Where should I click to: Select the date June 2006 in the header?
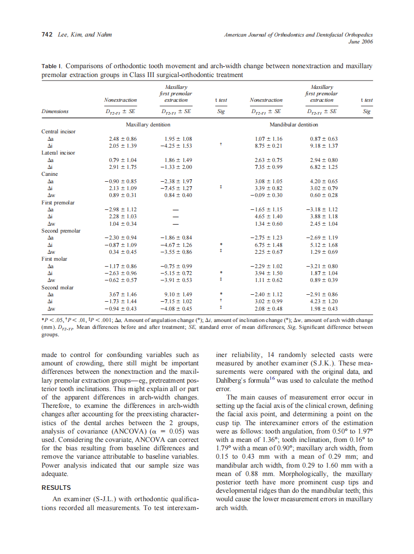click(x=360, y=41)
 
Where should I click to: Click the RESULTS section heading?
click(x=56, y=487)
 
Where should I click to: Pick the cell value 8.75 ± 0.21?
click(x=269, y=146)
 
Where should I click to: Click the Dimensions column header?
click(x=55, y=112)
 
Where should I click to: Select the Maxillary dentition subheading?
click(x=148, y=125)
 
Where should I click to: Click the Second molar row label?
click(x=57, y=287)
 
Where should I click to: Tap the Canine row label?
click(x=49, y=174)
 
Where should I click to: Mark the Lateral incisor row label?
click(x=58, y=153)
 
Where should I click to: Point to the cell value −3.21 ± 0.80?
click(x=322, y=266)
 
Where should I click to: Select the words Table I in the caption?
click(x=52, y=66)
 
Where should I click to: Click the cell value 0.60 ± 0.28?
click(x=322, y=195)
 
